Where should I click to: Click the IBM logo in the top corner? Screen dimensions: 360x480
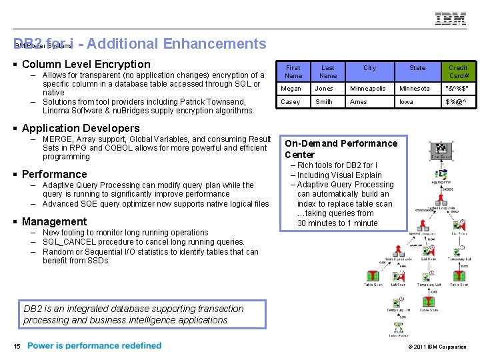coord(451,19)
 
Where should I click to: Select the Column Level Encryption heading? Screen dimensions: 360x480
coord(86,65)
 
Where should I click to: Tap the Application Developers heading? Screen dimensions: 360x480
coord(81,128)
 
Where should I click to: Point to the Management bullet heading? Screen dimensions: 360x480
coord(54,221)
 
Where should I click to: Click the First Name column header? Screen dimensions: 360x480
coord(293,71)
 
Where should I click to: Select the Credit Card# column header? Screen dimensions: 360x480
coord(458,71)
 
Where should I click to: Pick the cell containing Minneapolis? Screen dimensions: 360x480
coord(368,89)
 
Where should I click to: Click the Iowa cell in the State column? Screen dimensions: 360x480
coord(406,102)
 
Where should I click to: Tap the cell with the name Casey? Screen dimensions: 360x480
coord(291,102)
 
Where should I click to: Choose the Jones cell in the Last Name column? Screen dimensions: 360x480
coord(324,89)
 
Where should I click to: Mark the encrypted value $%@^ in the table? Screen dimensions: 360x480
coord(457,102)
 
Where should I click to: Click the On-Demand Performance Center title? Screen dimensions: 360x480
coord(341,149)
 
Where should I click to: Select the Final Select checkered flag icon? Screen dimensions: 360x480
coord(441,150)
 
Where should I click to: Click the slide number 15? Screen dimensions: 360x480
coord(16,346)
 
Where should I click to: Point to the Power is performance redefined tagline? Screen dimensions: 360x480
coord(94,346)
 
